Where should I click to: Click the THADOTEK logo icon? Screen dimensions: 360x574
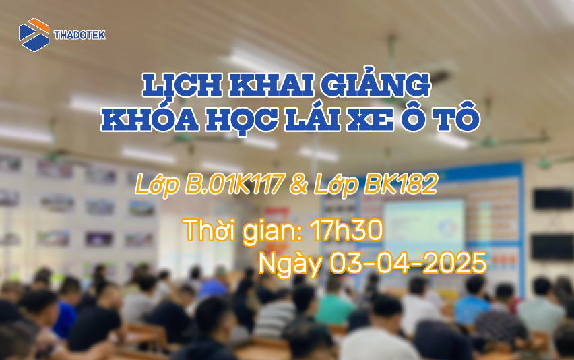34,34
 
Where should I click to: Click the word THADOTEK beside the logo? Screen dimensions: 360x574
79,35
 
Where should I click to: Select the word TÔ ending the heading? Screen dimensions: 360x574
458,120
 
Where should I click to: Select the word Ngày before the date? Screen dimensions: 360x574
290,263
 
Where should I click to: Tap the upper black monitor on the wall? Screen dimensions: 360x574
552,199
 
